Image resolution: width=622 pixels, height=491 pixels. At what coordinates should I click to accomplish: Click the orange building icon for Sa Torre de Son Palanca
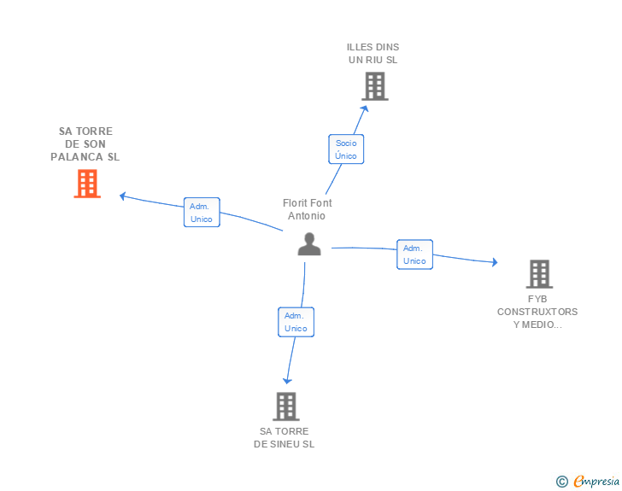coord(87,184)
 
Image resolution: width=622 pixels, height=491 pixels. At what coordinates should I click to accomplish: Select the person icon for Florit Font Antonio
coord(308,243)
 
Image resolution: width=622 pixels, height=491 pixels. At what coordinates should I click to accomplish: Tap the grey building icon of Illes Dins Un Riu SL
coord(374,86)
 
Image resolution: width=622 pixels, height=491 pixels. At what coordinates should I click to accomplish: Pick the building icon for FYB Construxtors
coord(538,274)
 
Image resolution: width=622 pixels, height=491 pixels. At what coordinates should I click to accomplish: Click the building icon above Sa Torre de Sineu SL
coord(286,406)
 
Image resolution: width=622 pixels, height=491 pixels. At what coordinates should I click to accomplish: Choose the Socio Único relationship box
coord(346,149)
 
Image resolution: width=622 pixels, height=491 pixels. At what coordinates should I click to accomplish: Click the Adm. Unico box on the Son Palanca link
coord(202,213)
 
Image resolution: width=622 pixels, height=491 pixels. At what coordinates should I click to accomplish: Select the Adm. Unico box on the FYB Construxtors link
coord(414,254)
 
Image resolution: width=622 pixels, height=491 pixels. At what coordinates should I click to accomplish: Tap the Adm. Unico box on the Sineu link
coord(296,322)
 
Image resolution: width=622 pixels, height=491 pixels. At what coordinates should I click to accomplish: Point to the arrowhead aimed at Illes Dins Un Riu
coord(365,108)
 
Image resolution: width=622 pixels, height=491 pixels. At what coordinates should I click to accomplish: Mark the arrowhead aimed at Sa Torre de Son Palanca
coord(123,196)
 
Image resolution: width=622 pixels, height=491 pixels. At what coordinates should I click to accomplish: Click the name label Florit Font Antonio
coord(308,209)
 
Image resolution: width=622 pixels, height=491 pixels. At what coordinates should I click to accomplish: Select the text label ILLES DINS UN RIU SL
coord(373,54)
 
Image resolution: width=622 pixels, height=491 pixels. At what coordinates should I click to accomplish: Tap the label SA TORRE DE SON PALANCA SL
coord(85,144)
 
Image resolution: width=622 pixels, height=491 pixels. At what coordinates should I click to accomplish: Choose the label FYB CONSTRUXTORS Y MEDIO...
coord(537,312)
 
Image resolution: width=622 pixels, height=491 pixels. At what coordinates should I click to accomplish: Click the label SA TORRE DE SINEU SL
coord(285,437)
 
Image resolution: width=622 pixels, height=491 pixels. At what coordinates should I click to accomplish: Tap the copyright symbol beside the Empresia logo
coord(561,482)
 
